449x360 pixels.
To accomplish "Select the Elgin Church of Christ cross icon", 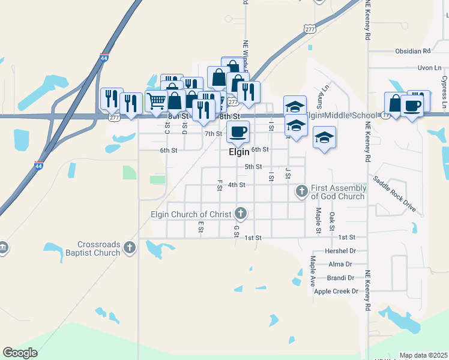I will (x=241, y=212).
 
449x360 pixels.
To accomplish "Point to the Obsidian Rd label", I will (x=413, y=52).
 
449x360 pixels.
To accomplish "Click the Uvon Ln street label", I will (x=429, y=68).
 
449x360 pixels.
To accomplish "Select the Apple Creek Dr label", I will (x=336, y=292).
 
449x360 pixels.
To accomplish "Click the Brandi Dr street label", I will (x=340, y=278).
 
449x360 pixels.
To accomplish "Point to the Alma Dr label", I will (x=340, y=264).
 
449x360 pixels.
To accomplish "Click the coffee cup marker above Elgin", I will (x=238, y=131).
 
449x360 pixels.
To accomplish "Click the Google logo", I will (x=20, y=353).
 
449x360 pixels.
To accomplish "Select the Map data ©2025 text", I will (x=423, y=356).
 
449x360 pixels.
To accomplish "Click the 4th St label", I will (x=237, y=185).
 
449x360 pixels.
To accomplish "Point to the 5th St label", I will (x=253, y=166).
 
